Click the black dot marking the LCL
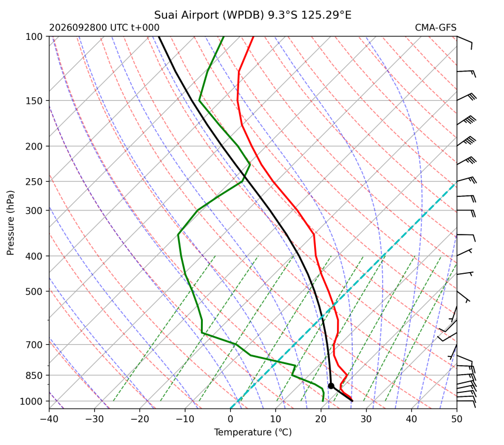[x=331, y=386]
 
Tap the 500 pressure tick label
[x=34, y=291]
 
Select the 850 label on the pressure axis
[x=34, y=376]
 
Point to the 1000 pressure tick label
[x=31, y=402]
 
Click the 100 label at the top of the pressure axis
[x=34, y=37]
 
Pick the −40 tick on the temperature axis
[x=49, y=419]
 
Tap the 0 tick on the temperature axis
[x=230, y=419]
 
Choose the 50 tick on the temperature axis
[x=457, y=419]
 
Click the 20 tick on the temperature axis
[x=321, y=419]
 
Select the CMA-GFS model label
[x=435, y=28]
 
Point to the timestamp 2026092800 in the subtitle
[x=78, y=28]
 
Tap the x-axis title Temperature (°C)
[x=253, y=433]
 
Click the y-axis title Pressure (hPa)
[x=11, y=223]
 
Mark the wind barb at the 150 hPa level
[x=466, y=97]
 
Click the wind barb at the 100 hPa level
[x=465, y=42]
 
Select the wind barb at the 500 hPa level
[x=463, y=297]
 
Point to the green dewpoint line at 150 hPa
[x=199, y=101]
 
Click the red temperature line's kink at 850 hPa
[x=347, y=375]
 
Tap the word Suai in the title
[x=166, y=15]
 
